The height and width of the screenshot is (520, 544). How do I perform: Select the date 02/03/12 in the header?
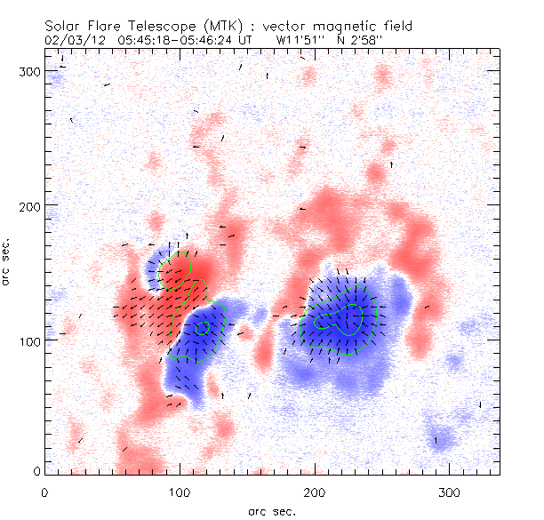point(71,40)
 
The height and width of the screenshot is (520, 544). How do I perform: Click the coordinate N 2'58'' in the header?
point(365,40)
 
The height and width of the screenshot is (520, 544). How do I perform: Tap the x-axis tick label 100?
point(179,492)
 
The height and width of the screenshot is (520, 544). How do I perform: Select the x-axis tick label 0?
point(44,492)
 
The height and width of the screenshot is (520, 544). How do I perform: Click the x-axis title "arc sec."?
point(272,510)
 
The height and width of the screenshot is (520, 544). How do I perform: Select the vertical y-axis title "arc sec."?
point(9,263)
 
